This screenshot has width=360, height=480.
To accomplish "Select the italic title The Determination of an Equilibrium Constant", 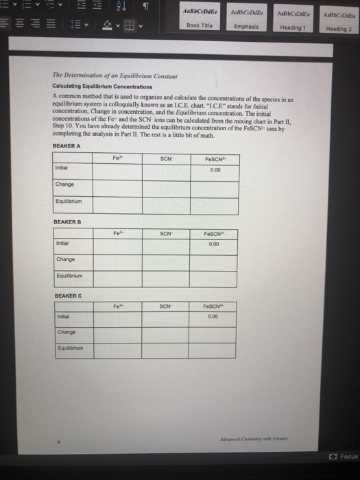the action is (101, 76).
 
